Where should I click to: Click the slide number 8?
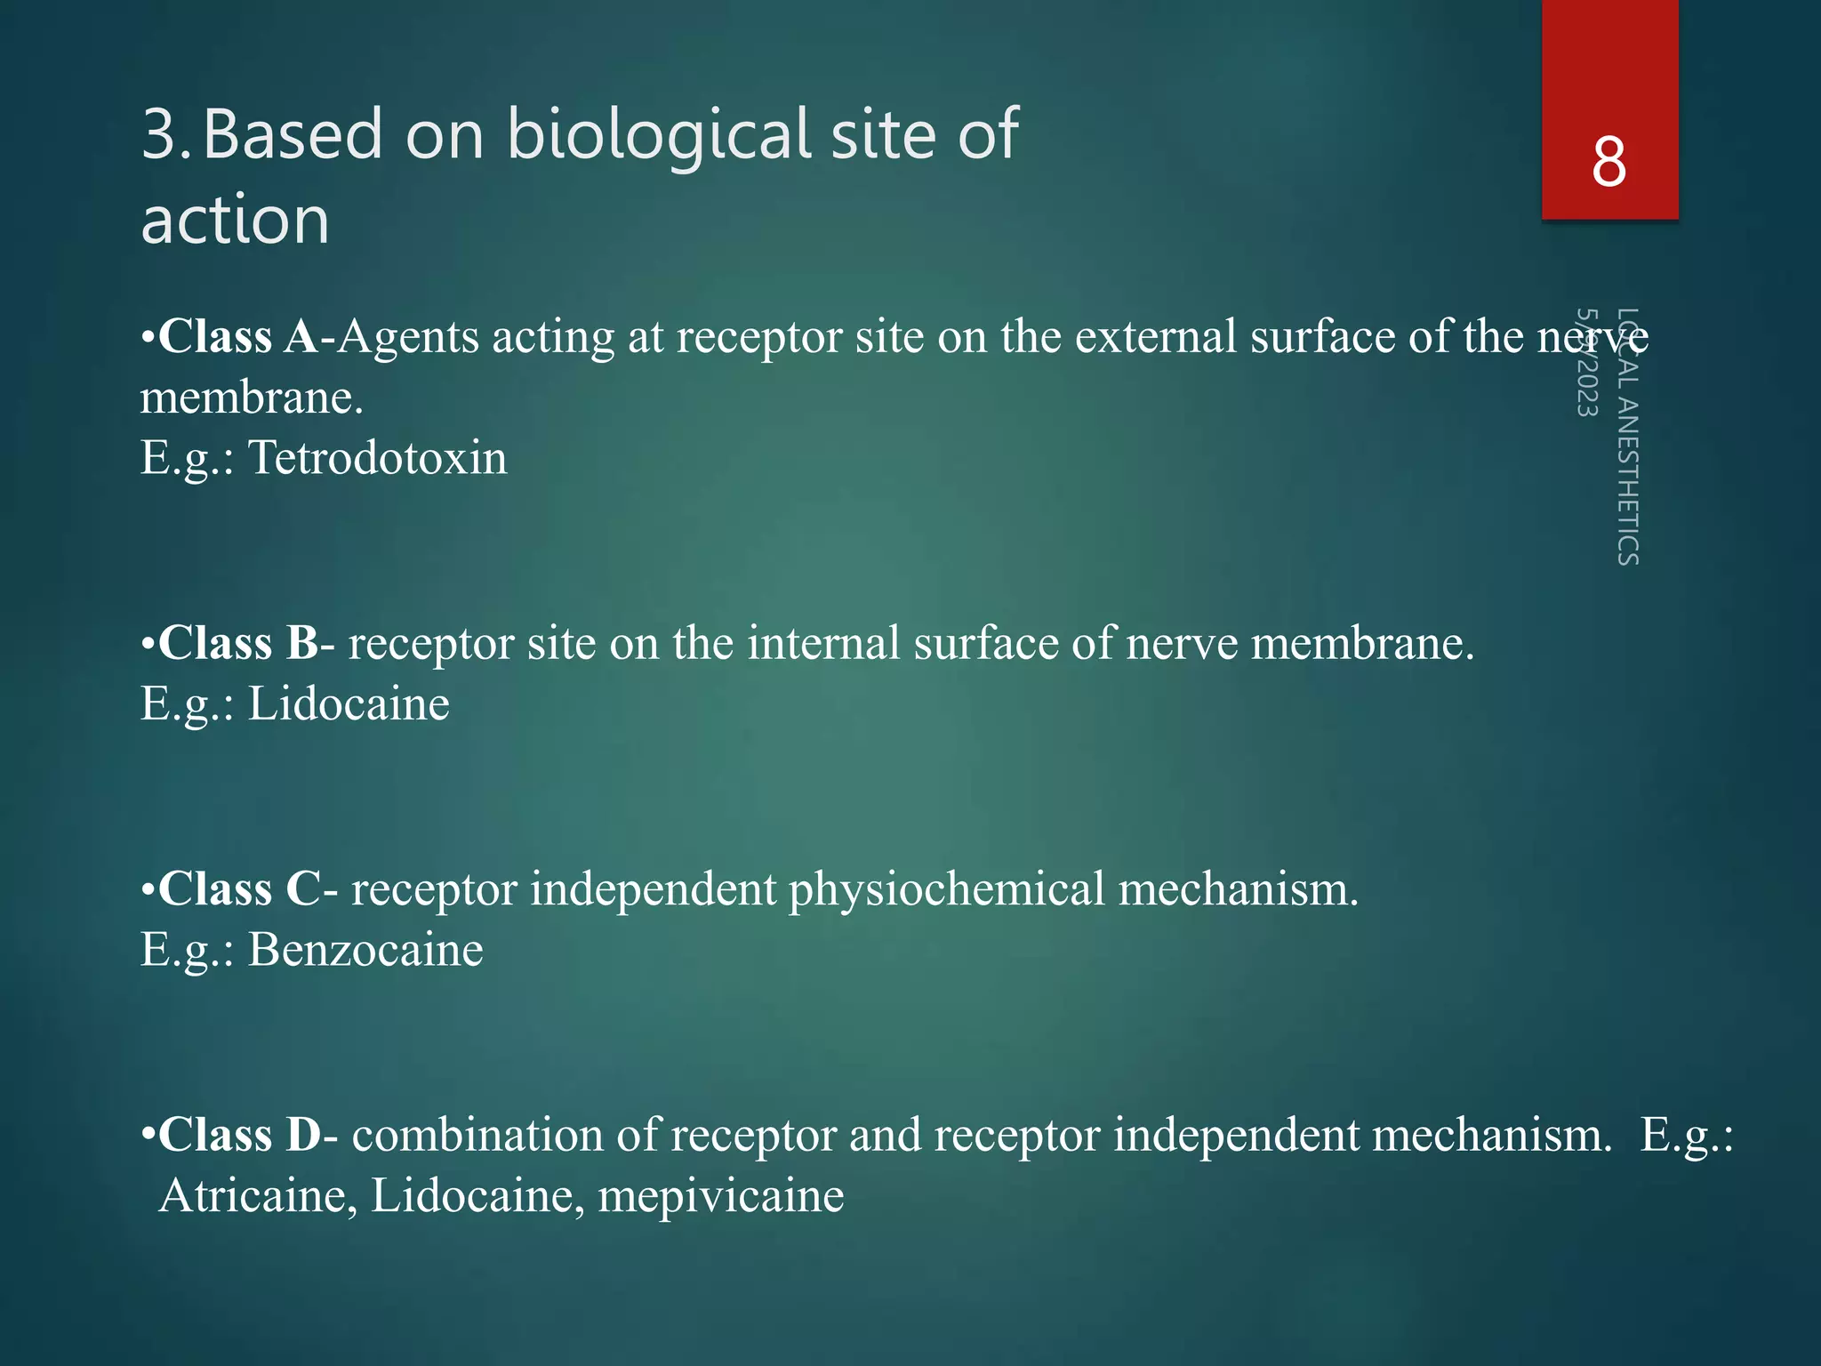coord(1609,163)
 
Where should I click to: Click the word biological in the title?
coord(660,135)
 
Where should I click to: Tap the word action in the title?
coord(235,220)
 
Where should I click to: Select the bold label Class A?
coord(237,336)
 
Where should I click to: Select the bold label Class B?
coord(237,643)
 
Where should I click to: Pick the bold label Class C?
coord(239,888)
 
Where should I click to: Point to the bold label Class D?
coord(239,1135)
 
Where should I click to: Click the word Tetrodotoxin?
coord(377,458)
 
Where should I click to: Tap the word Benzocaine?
coord(365,950)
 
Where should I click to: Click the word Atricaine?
coord(258,1195)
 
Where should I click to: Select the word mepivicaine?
coord(720,1195)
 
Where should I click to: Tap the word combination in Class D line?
coord(504,1135)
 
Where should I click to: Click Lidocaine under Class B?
coord(348,704)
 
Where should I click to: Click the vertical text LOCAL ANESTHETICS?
coord(1627,437)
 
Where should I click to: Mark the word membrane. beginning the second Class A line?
coord(252,398)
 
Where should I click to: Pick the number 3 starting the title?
coord(162,135)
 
